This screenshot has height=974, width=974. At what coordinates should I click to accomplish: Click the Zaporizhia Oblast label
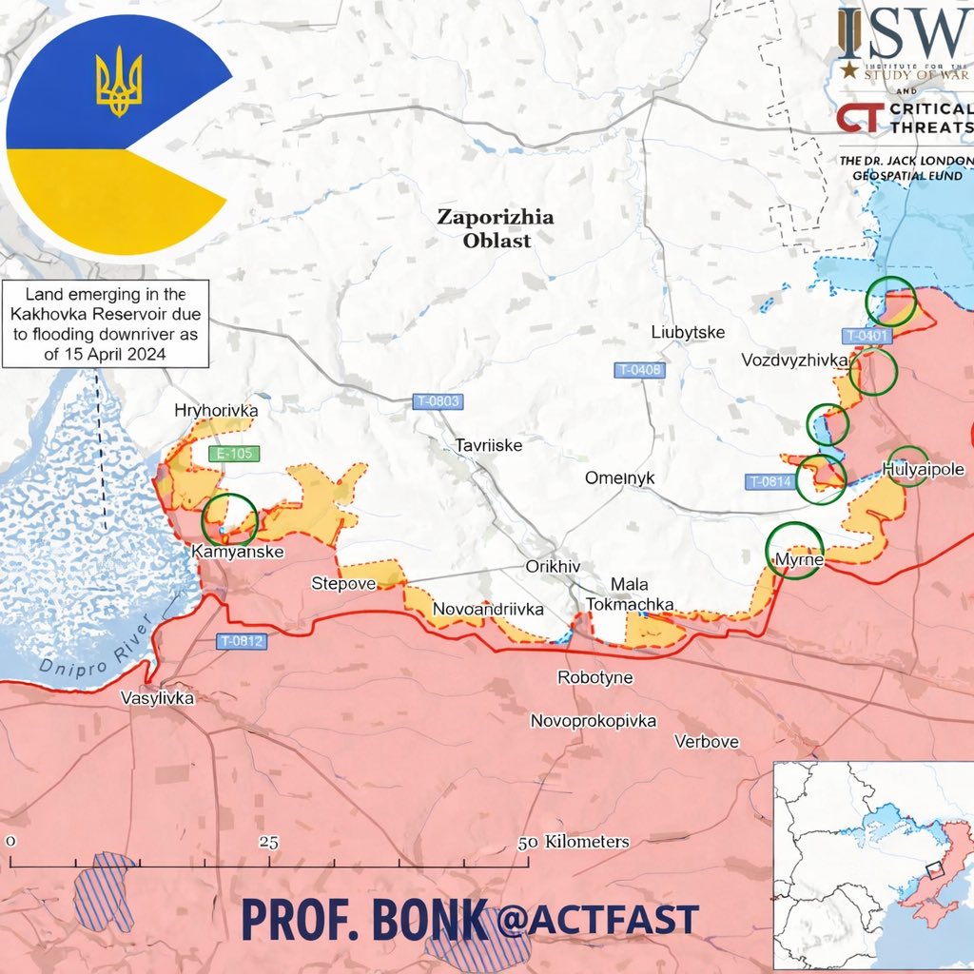(495, 228)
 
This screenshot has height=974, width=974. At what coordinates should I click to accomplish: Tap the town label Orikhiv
(553, 566)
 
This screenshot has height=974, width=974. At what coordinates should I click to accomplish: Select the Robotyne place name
(595, 678)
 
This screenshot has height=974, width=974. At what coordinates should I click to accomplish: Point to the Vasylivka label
(157, 698)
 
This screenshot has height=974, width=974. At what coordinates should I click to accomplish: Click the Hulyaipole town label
(924, 469)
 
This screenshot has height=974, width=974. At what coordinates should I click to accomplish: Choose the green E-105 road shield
(233, 454)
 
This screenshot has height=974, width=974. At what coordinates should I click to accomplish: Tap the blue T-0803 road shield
(438, 401)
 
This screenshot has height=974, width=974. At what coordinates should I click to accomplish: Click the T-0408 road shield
(639, 370)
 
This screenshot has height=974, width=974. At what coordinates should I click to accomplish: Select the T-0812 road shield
(241, 641)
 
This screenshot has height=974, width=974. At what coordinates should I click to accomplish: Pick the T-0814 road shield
(769, 481)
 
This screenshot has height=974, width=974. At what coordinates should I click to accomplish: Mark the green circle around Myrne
(795, 551)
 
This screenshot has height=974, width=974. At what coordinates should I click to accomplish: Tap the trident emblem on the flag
(119, 84)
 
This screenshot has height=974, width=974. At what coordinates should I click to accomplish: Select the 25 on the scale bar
(269, 842)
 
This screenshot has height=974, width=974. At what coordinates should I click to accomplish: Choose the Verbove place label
(706, 742)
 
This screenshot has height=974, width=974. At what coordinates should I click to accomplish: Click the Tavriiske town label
(489, 444)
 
